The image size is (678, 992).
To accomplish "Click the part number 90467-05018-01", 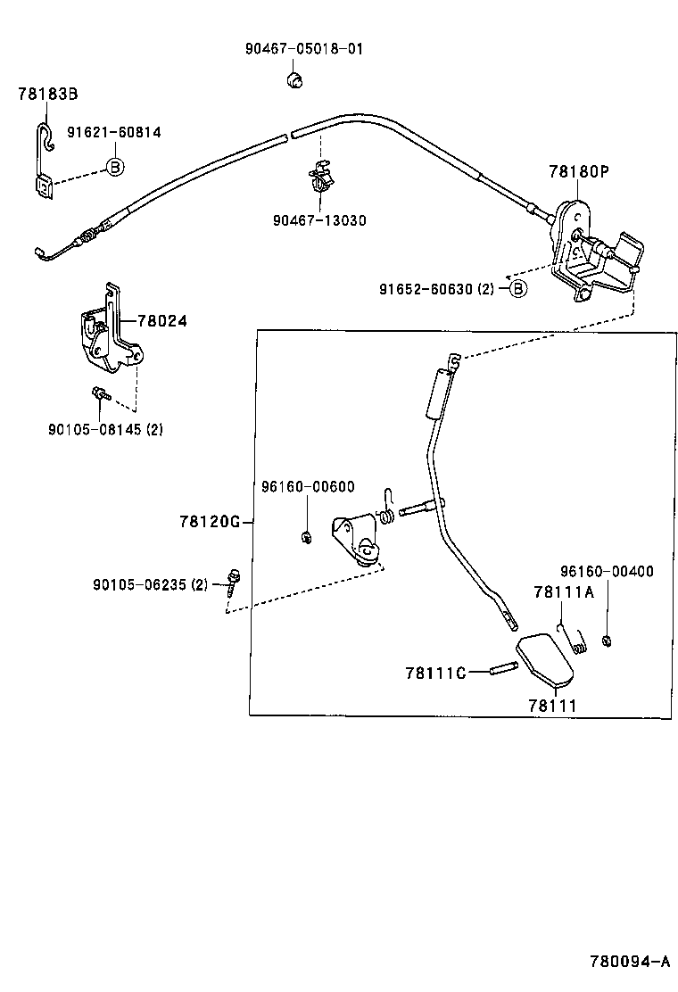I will [304, 49].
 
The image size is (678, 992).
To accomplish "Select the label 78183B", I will [48, 94].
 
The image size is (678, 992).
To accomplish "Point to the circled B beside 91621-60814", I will [114, 167].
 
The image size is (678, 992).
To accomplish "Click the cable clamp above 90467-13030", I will [319, 177].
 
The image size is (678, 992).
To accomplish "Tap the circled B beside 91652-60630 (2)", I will [518, 288].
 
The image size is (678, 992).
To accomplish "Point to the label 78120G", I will [210, 521].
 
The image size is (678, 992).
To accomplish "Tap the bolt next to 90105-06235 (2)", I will [234, 582].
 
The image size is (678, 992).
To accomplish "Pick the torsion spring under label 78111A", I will [575, 639].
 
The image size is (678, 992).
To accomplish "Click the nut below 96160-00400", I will [607, 640].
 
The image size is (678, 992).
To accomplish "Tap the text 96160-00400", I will [607, 571].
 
